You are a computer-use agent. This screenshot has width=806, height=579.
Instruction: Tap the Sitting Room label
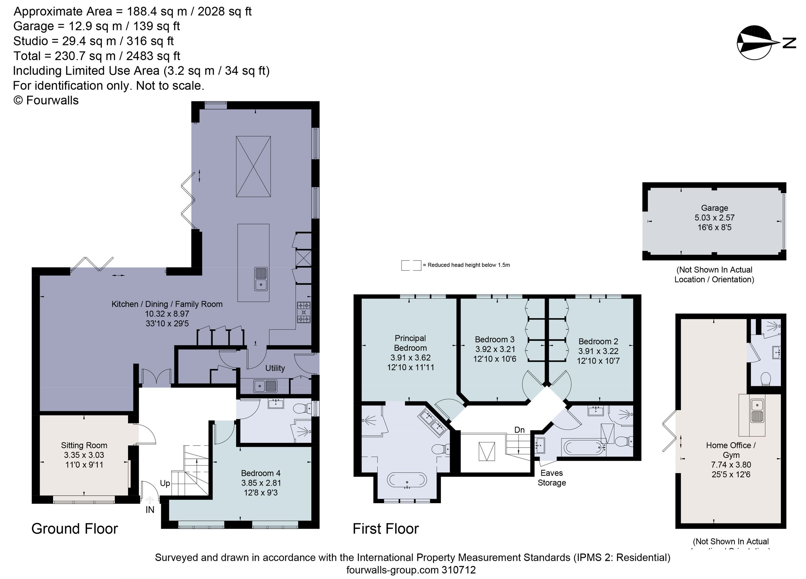[x=84, y=445]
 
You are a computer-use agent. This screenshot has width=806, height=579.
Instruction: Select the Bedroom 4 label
[x=261, y=473]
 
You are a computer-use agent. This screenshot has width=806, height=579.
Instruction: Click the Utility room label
[x=275, y=368]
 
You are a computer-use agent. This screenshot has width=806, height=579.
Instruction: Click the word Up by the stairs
[x=165, y=483]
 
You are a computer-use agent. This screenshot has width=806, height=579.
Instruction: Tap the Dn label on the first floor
[x=519, y=430]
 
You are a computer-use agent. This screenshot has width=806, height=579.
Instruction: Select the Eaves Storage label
[x=551, y=478]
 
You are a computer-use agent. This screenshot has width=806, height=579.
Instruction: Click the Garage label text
[x=714, y=208]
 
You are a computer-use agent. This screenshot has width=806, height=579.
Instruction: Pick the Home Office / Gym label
[x=731, y=450]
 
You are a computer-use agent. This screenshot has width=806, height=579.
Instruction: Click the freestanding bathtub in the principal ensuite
[x=407, y=480]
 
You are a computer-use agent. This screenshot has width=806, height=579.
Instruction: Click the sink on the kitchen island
[x=261, y=279]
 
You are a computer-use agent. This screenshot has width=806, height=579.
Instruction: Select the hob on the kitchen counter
[x=304, y=312]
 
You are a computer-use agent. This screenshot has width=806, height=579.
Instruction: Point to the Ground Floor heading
[x=75, y=529]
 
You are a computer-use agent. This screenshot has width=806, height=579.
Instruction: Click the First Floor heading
[x=386, y=529]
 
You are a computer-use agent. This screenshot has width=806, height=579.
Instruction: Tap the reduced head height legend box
[x=411, y=265]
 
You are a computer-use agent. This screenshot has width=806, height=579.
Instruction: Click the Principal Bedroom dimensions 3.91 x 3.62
[x=410, y=358]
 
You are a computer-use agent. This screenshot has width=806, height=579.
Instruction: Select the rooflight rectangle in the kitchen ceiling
[x=253, y=166]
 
